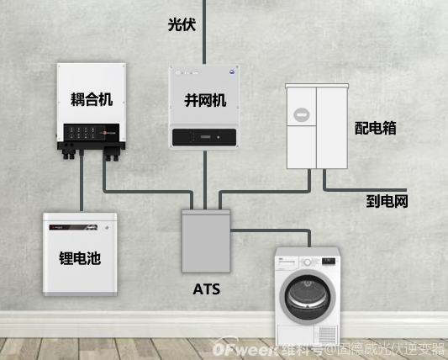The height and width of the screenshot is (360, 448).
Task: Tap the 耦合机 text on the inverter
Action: pyautogui.click(x=91, y=99)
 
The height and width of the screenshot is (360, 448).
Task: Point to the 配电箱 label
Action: pyautogui.click(x=375, y=128)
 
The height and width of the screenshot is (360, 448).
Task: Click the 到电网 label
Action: pyautogui.click(x=387, y=201)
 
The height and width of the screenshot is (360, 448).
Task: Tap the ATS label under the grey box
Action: pyautogui.click(x=207, y=290)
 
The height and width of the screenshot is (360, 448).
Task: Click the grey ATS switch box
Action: pyautogui.click(x=206, y=241)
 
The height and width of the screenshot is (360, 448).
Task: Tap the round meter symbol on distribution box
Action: pyautogui.click(x=300, y=114)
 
